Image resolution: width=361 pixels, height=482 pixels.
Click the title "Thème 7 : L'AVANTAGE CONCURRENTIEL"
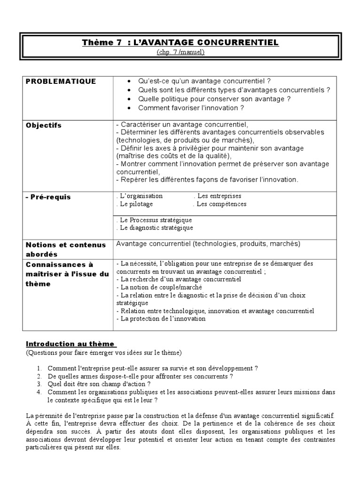click(180, 43)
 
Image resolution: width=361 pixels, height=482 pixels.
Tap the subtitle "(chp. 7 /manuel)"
click(180, 52)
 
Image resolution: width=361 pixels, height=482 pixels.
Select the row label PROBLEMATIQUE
click(61, 81)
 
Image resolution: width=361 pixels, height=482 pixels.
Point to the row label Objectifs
click(44, 126)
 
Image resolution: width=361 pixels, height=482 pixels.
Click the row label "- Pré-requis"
click(48, 197)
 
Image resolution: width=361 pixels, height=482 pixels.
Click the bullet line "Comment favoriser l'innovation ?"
click(191, 108)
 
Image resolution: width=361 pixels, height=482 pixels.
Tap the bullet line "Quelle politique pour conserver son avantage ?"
click(214, 99)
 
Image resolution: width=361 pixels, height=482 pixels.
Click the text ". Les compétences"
click(220, 204)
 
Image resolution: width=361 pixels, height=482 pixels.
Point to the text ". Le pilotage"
click(134, 204)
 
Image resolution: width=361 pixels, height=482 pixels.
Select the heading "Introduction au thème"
click(71, 344)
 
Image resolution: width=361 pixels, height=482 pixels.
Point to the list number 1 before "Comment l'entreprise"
click(39, 368)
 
